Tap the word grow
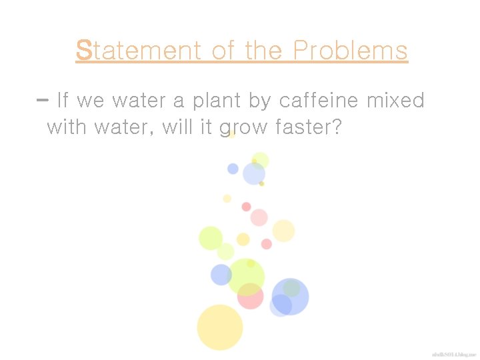coord(243,127)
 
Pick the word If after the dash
coord(63,101)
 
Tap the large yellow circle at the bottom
coord(219,327)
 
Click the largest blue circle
coord(290,296)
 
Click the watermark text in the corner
coord(453,353)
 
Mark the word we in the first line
coord(91,101)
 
